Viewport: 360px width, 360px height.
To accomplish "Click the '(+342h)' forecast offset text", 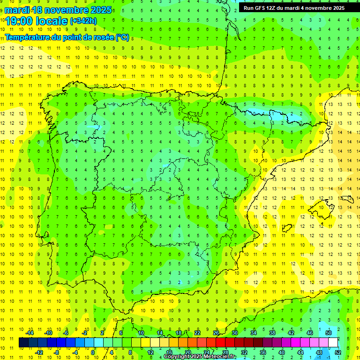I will tap(83, 21).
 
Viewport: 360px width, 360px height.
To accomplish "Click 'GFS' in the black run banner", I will tap(262, 8).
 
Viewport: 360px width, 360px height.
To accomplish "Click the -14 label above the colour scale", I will tap(30, 333).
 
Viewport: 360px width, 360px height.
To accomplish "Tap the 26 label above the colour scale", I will tap(216, 333).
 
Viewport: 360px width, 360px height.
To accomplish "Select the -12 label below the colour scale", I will tap(39, 352).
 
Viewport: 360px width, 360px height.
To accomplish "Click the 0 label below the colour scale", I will tap(93, 352).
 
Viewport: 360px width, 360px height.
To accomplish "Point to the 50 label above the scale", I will tap(328, 333).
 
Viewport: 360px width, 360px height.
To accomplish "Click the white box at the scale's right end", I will tap(333, 343).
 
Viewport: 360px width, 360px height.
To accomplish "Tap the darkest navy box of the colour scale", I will tap(23, 343).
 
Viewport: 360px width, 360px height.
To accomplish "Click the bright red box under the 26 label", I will tap(220, 343).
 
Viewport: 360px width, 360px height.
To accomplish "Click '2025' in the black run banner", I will tap(336, 8).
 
